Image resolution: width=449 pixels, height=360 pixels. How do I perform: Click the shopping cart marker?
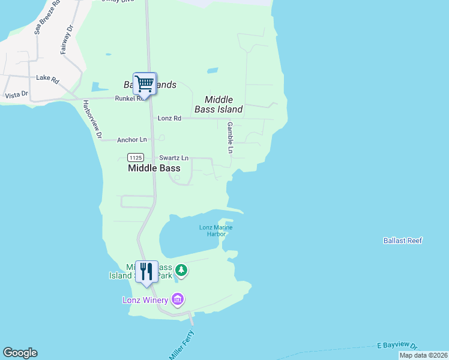pyautogui.click(x=144, y=84)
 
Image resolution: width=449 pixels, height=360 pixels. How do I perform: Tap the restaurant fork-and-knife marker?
pyautogui.click(x=146, y=271)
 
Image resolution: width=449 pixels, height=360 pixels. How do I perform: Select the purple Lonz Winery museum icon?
pyautogui.click(x=177, y=299)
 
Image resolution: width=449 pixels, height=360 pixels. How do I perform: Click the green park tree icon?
pyautogui.click(x=181, y=271)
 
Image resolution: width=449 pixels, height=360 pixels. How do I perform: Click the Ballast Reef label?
pyautogui.click(x=403, y=241)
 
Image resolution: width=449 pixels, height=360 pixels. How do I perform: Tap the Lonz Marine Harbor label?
pyautogui.click(x=215, y=230)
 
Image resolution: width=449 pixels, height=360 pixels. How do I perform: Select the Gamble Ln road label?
pyautogui.click(x=230, y=138)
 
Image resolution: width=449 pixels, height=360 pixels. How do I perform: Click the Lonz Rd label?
pyautogui.click(x=169, y=118)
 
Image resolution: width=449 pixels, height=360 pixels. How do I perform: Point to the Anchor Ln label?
pyautogui.click(x=132, y=140)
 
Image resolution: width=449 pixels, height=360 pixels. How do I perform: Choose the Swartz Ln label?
pyautogui.click(x=173, y=158)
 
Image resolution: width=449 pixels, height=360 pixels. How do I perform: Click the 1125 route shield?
pyautogui.click(x=135, y=157)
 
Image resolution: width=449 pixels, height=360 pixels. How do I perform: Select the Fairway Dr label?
pyautogui.click(x=66, y=40)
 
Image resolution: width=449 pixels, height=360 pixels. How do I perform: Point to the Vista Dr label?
pyautogui.click(x=16, y=94)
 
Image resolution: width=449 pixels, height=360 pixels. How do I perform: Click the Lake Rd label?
pyautogui.click(x=47, y=78)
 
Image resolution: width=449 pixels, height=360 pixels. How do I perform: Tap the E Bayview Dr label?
pyautogui.click(x=397, y=345)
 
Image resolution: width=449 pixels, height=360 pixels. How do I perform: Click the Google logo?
pyautogui.click(x=20, y=353)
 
